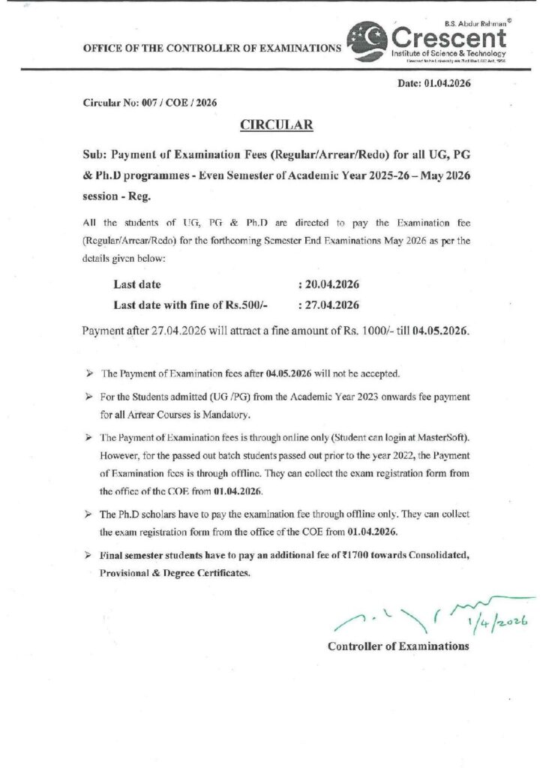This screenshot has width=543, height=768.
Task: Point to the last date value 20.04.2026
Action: [x=331, y=285]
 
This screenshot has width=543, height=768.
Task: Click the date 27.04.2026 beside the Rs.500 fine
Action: [x=331, y=305]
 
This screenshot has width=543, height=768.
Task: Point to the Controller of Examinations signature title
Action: [x=398, y=646]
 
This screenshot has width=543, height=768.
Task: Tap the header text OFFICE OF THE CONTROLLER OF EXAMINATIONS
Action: [x=211, y=48]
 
